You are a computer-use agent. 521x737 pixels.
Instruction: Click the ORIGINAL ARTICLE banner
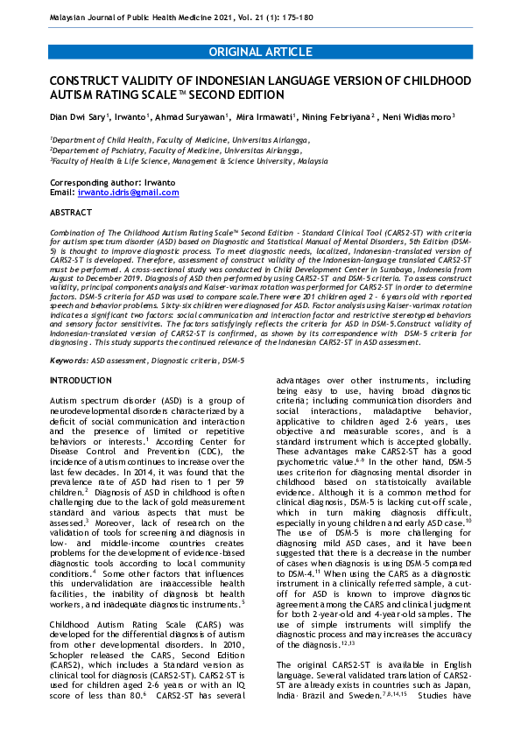coord(260,52)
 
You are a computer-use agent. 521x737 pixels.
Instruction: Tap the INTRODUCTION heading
coord(81,381)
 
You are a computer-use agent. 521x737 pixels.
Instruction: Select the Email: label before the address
coord(62,192)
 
